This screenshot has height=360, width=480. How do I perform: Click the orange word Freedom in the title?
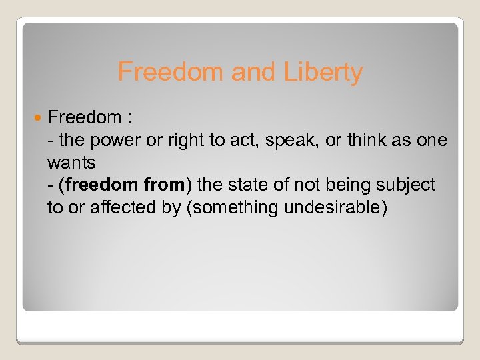(171, 72)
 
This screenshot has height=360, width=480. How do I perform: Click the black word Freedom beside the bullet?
(83, 119)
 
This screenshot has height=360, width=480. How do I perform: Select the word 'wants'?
(71, 162)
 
